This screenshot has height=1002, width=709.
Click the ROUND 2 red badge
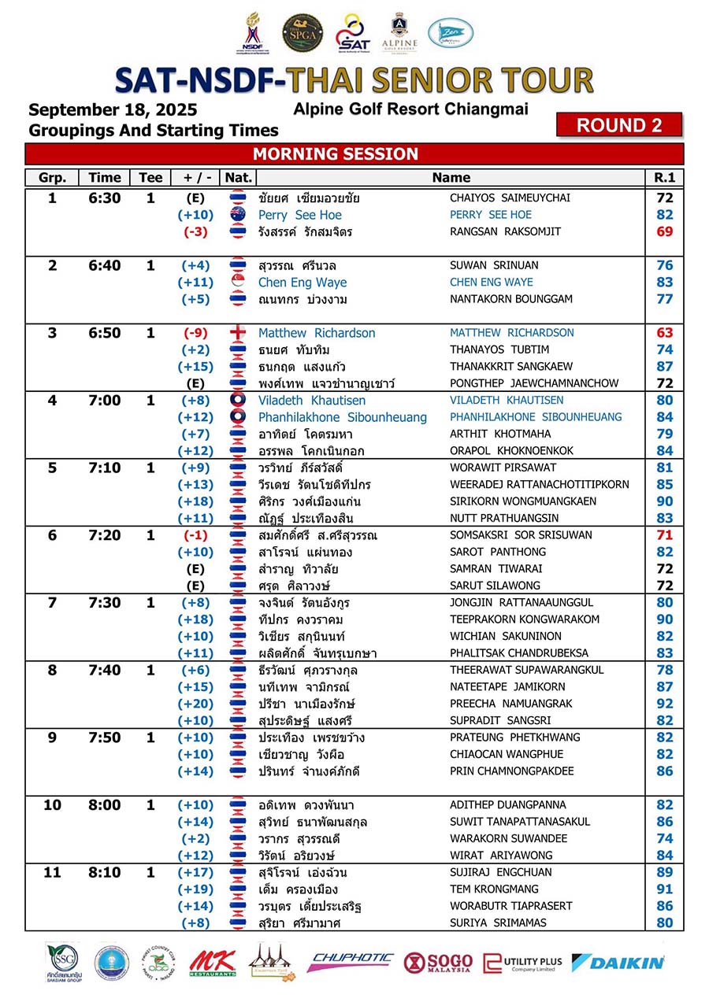618,125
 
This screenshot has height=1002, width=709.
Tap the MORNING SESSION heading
335,154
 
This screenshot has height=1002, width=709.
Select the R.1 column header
664,178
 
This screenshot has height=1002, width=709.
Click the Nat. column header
237,178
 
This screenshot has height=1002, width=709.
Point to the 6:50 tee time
105,333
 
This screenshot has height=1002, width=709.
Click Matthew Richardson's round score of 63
664,333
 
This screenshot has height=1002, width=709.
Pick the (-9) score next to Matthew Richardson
195,333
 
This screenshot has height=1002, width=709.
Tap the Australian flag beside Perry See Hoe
237,215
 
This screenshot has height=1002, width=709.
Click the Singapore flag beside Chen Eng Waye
237,282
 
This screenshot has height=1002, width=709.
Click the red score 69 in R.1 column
664,231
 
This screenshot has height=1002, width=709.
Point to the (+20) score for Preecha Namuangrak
195,704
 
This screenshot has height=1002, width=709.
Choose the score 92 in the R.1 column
664,704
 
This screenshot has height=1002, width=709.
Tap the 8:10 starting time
105,872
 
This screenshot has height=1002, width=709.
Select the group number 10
52,805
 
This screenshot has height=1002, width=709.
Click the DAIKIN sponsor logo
618,962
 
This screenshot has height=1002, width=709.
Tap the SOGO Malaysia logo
438,962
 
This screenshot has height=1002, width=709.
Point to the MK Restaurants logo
212,962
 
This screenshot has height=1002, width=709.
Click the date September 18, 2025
113,110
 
